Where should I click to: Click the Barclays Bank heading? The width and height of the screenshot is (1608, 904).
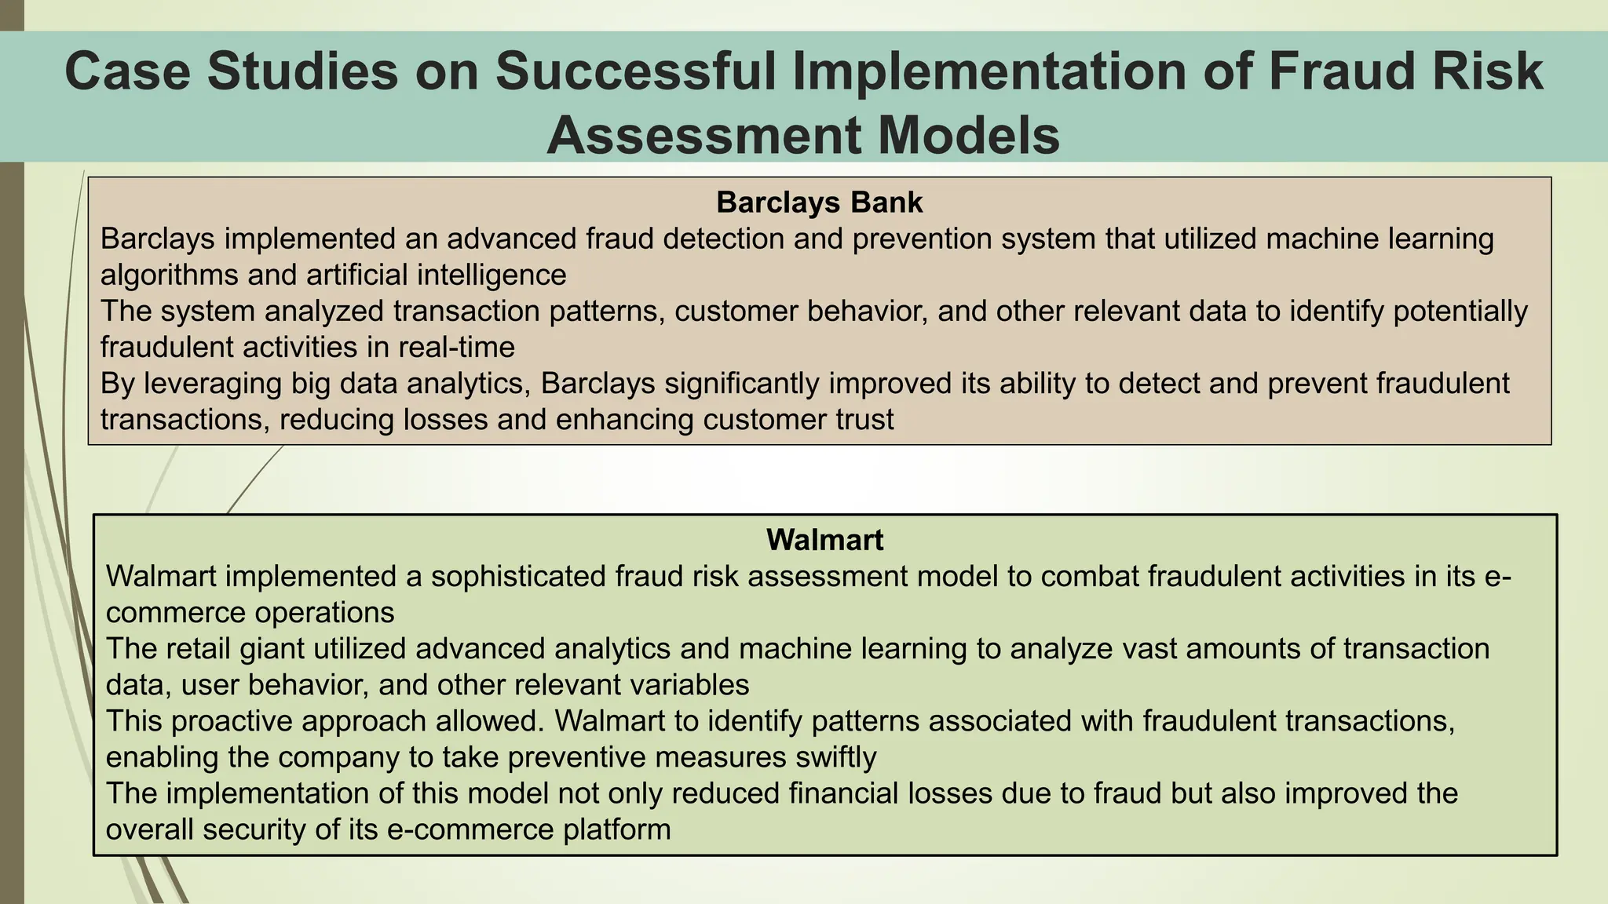[x=819, y=202]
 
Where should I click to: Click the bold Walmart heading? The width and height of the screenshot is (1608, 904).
[x=824, y=540]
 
